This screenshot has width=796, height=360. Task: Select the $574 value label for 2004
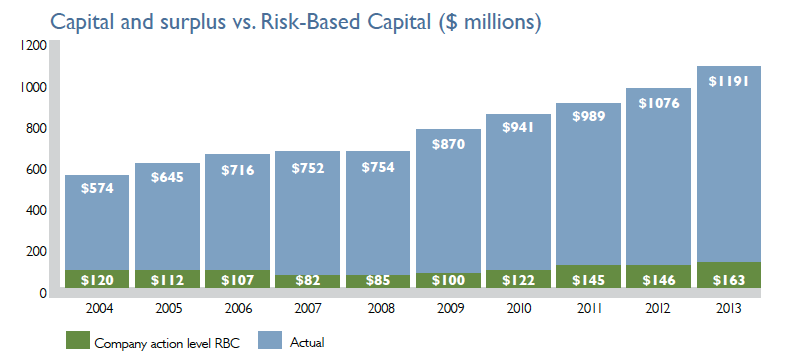97,190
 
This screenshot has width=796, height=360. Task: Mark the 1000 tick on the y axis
33,88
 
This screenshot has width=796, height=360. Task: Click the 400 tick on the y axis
36,211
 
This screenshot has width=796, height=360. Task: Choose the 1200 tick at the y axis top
33,47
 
